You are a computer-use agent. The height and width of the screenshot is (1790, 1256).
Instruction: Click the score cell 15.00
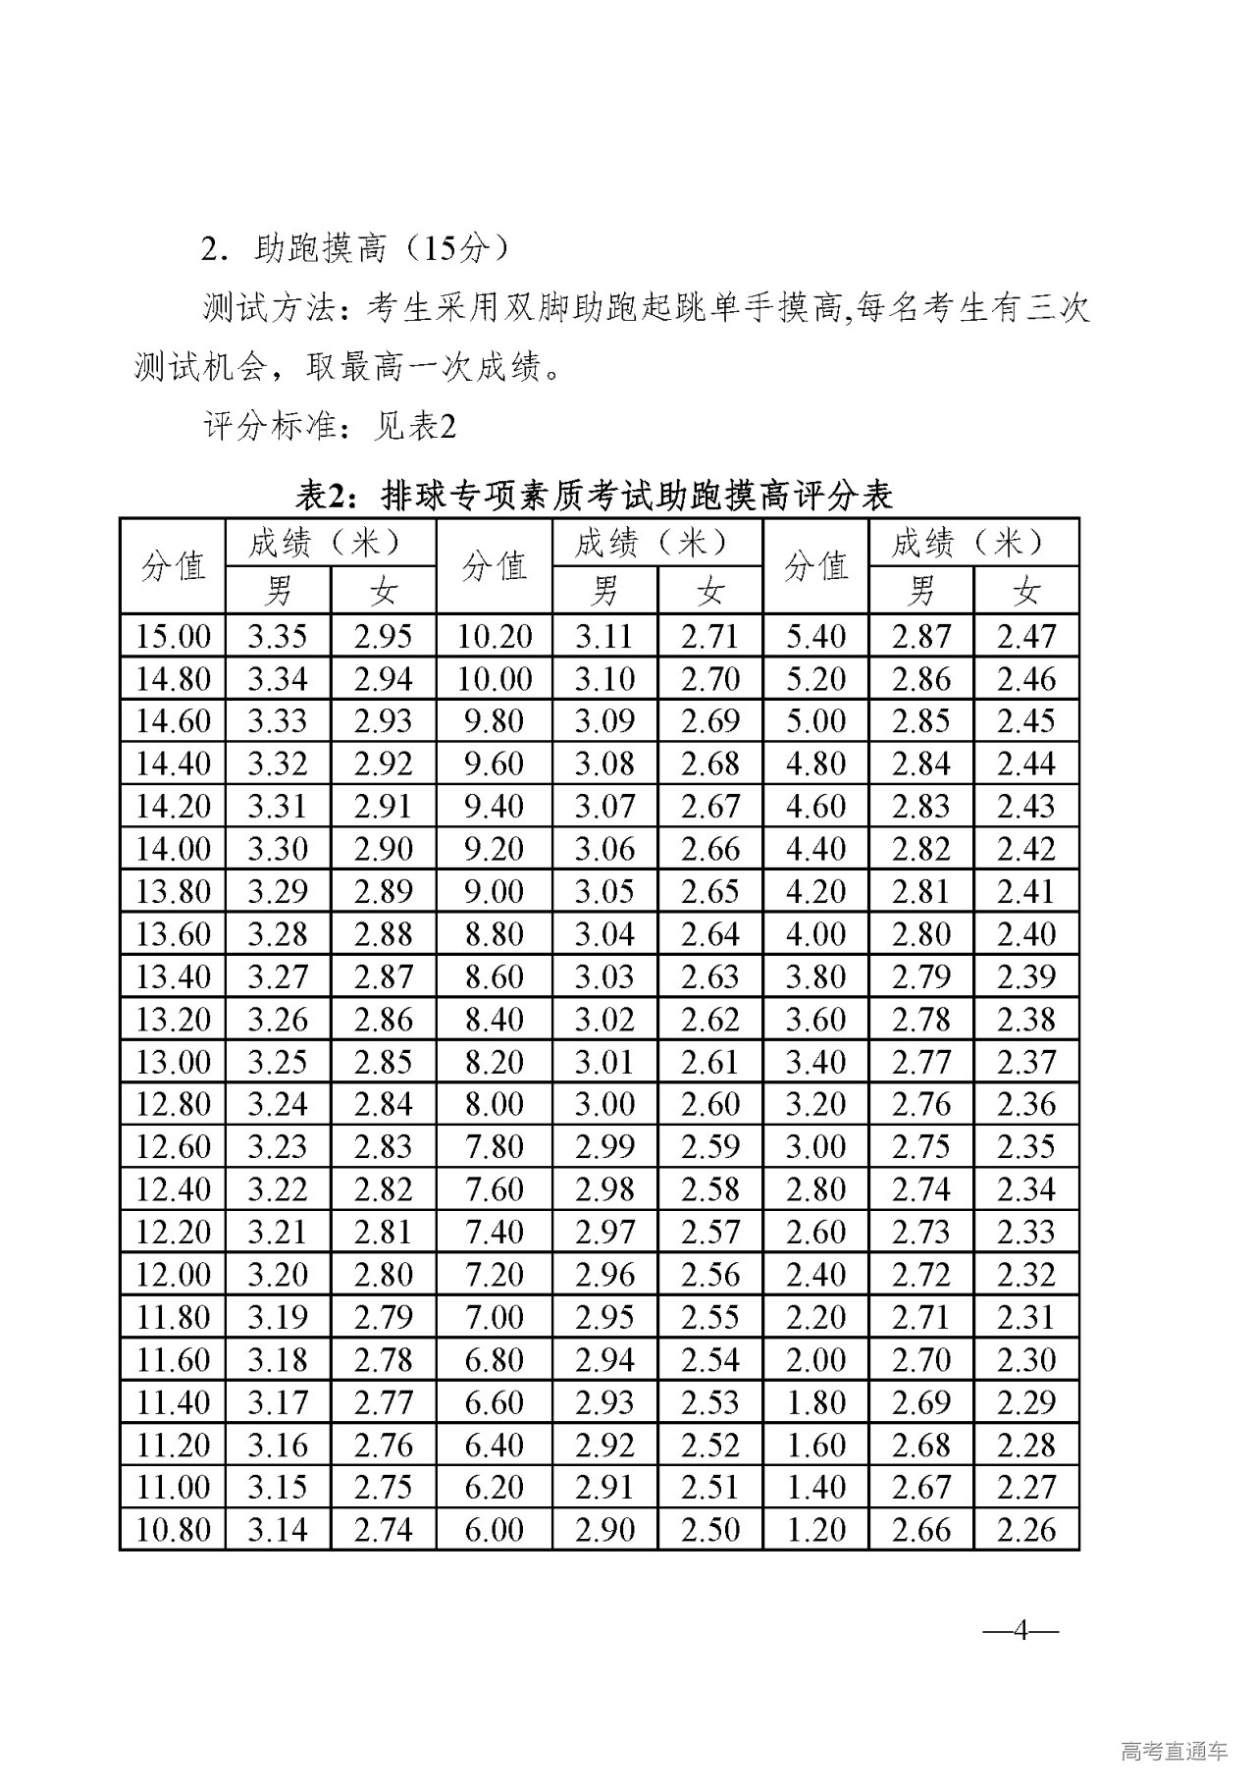(x=173, y=637)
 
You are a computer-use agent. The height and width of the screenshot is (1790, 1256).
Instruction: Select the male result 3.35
(x=278, y=637)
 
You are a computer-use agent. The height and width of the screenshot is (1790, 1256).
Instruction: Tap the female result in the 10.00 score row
(x=710, y=679)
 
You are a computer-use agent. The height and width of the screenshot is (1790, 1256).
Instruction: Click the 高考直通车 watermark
(x=1174, y=1751)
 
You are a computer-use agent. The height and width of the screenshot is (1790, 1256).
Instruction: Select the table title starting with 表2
(x=596, y=495)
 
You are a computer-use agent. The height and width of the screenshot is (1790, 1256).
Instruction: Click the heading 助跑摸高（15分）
(x=355, y=248)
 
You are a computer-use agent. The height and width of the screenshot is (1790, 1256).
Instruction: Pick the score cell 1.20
(x=815, y=1530)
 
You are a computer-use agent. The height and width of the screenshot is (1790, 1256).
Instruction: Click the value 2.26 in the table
(x=1026, y=1530)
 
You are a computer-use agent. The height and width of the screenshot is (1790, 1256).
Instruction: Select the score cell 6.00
(x=495, y=1530)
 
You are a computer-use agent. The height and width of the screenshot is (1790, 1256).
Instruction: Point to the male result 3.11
(x=604, y=637)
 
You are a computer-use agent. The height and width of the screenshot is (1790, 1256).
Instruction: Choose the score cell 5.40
(x=815, y=637)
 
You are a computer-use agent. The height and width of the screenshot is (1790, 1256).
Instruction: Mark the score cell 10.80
(x=173, y=1530)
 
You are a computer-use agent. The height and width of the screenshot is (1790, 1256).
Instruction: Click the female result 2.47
(x=1026, y=637)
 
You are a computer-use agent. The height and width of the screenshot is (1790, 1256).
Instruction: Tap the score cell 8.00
(x=495, y=1104)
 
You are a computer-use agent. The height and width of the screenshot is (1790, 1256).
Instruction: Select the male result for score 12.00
(x=278, y=1275)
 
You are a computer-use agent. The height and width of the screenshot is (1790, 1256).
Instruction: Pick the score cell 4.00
(x=815, y=934)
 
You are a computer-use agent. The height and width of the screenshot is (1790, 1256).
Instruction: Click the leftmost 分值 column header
(x=173, y=566)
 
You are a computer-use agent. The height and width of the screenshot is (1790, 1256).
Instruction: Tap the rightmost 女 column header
(x=1026, y=591)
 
